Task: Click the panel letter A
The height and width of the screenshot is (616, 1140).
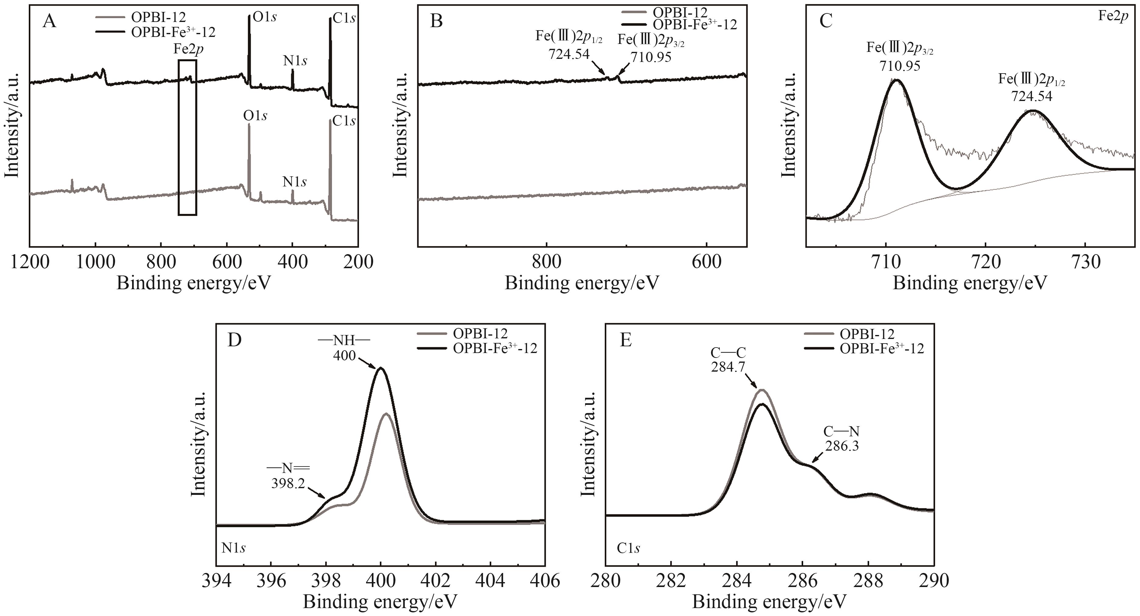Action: pyautogui.click(x=49, y=21)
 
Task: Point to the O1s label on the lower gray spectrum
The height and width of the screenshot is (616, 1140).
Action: pyautogui.click(x=255, y=116)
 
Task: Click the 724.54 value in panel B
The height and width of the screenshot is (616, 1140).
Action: pyautogui.click(x=569, y=54)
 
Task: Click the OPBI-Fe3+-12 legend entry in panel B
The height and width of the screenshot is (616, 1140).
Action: pyautogui.click(x=695, y=24)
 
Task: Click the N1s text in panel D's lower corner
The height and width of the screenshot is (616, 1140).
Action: pyautogui.click(x=234, y=548)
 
